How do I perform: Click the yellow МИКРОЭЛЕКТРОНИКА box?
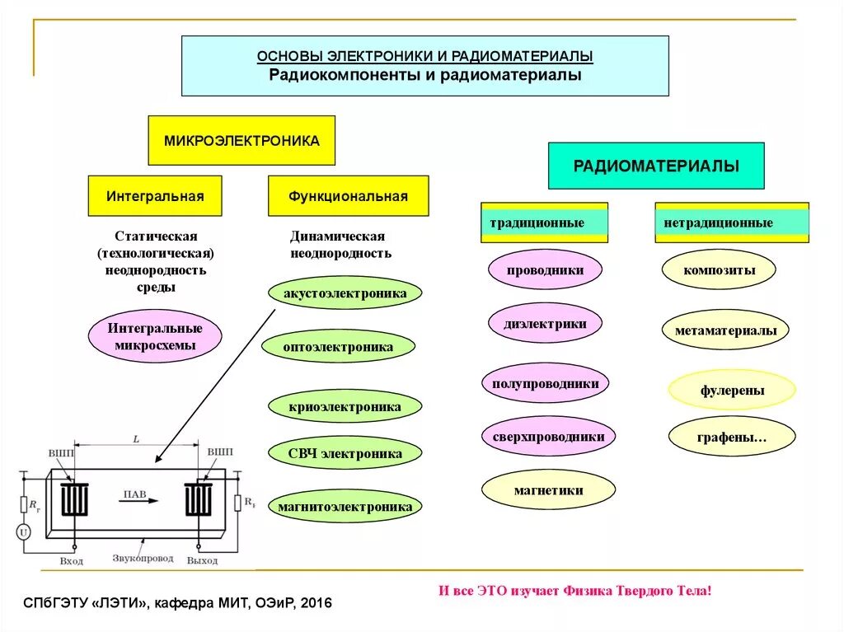point(241,141)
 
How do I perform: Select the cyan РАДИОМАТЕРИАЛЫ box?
point(656,166)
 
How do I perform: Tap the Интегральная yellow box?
point(155,196)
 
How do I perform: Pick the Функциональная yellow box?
point(348,196)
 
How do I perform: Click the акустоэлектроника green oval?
point(345,293)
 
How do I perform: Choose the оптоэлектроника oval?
point(338,347)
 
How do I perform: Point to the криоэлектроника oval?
point(345,407)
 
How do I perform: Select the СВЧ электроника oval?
point(345,453)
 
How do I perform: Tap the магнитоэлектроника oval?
point(345,507)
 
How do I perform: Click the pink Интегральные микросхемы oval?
point(155,336)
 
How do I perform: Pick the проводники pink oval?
point(545,269)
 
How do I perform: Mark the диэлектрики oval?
point(545,324)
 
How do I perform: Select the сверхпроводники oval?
point(548,437)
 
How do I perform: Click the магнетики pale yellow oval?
point(548,490)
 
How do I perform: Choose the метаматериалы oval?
point(725,330)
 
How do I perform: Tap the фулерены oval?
point(732,391)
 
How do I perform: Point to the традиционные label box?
point(544,223)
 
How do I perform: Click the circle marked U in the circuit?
point(24,533)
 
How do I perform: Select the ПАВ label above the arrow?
point(135,494)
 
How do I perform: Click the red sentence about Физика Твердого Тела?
point(574,591)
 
